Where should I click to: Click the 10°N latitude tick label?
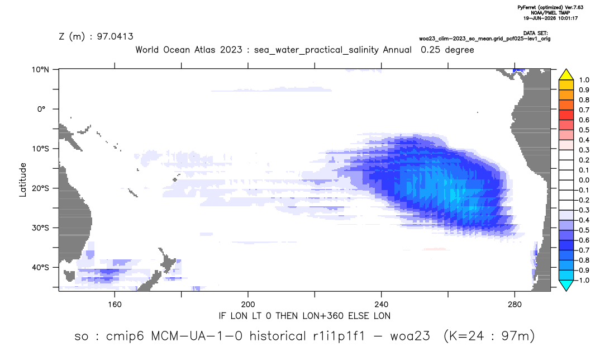pos(40,70)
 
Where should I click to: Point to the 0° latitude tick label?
pos(42,109)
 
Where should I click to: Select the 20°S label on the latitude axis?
pos(40,188)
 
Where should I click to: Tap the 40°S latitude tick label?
pos(40,267)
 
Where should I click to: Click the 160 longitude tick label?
pos(115,305)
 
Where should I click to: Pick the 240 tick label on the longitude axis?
pos(381,305)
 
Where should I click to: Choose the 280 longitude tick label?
pos(515,305)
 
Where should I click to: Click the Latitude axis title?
pos(23,180)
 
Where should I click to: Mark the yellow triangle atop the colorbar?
pos(566,74)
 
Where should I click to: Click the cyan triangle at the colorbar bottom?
pos(566,285)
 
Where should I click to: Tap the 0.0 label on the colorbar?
pos(584,180)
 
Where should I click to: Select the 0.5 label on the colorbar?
pos(584,130)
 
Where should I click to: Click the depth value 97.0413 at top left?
pos(115,36)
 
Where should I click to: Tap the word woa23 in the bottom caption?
pos(410,336)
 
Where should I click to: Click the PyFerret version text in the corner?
pos(550,7)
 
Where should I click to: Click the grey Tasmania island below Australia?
pos(69,276)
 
